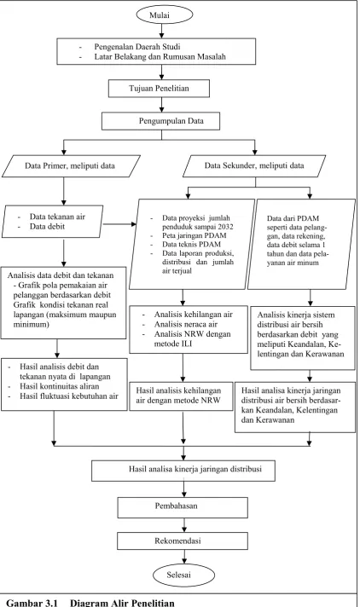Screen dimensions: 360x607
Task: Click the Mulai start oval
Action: [x=164, y=15]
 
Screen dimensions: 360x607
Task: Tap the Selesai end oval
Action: [x=183, y=575]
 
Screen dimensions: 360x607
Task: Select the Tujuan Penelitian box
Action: [x=159, y=89]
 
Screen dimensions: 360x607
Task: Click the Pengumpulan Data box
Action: [x=161, y=121]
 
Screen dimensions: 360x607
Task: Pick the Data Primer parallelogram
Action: [x=70, y=166]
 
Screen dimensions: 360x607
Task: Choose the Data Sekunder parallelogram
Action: [x=254, y=166]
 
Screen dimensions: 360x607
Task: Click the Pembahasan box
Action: [x=183, y=507]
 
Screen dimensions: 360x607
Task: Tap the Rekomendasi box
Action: [x=183, y=541]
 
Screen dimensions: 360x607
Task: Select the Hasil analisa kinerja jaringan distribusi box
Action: [x=183, y=471]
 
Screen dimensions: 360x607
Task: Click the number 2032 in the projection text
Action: [x=225, y=227]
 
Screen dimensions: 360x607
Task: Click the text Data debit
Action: [x=47, y=227]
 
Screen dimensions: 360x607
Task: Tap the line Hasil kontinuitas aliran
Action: [x=60, y=386]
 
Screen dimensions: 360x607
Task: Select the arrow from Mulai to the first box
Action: [x=161, y=31]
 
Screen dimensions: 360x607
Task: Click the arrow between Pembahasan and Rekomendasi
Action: [x=184, y=525]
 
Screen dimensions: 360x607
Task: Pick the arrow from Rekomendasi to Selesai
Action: [x=184, y=557]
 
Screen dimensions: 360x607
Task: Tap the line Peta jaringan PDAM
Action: [x=195, y=236]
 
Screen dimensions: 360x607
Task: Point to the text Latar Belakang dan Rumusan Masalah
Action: [x=160, y=56]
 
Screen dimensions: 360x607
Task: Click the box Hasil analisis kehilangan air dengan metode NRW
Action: [x=181, y=396]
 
